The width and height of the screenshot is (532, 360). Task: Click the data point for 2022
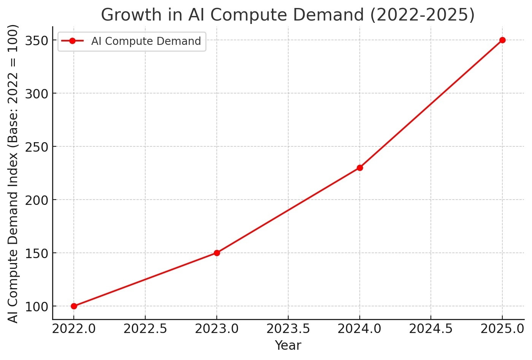74,306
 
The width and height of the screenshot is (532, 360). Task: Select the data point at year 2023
217,253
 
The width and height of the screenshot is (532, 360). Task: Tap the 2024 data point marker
360,168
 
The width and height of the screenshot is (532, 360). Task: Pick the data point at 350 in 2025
502,40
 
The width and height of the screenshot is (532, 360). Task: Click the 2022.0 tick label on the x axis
74,329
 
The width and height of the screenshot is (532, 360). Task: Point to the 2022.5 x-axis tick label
145,329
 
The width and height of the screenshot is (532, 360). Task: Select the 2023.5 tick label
288,329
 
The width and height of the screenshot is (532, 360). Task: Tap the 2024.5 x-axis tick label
431,329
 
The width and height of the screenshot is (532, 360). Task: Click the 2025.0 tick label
502,329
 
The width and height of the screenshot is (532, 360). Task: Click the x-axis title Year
288,346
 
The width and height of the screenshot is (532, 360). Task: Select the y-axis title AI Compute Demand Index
13,173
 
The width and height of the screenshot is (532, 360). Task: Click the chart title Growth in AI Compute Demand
288,15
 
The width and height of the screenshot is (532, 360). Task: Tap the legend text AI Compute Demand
146,41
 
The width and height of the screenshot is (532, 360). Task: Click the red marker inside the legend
72,41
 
